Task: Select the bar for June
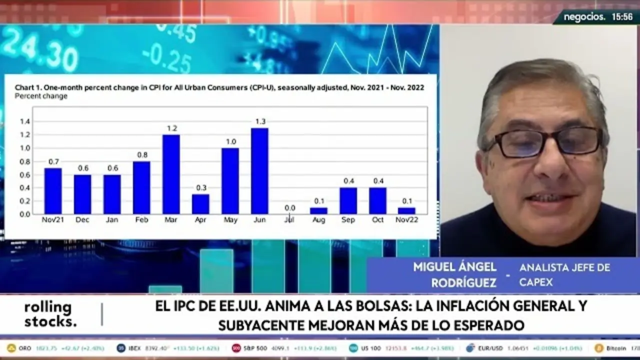(x=259, y=171)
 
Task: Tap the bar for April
(x=200, y=204)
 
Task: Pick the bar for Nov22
(x=406, y=210)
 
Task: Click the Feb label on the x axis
(x=141, y=220)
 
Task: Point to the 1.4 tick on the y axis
(x=25, y=121)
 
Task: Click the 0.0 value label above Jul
(x=289, y=208)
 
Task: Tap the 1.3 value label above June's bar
(x=260, y=121)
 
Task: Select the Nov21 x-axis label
(x=52, y=220)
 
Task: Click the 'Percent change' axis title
(x=41, y=96)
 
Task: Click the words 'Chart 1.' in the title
(x=28, y=87)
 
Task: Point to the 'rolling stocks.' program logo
(x=50, y=314)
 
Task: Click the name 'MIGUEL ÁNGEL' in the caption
(x=454, y=267)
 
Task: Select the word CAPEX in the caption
(x=536, y=282)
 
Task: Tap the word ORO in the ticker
(x=25, y=348)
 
